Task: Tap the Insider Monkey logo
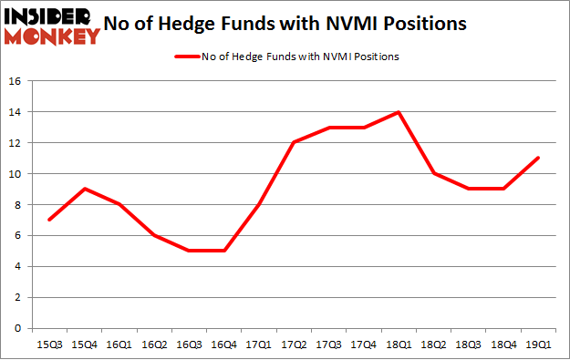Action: point(52,25)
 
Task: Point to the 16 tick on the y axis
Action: point(16,81)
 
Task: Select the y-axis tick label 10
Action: point(16,174)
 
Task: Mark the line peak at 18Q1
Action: point(399,112)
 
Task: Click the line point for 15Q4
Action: point(84,189)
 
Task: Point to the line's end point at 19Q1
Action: point(538,158)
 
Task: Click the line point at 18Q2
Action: point(433,173)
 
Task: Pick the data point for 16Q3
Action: point(189,251)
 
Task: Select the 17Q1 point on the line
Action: point(258,204)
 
